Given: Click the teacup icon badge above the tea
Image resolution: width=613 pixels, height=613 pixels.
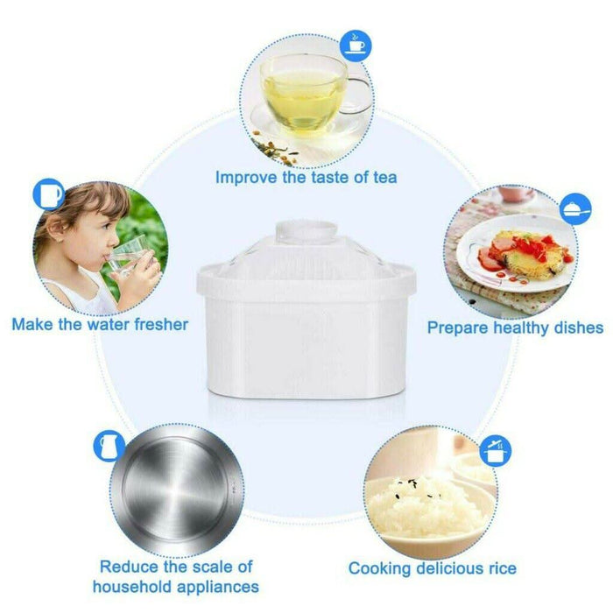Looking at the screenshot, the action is [356, 46].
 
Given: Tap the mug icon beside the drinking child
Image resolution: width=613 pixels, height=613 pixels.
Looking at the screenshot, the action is [49, 194].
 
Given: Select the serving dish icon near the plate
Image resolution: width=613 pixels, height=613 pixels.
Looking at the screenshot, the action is [575, 209].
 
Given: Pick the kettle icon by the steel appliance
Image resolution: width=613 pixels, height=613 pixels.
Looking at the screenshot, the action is [109, 446].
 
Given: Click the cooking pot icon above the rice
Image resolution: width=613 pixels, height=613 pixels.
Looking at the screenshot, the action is [495, 451].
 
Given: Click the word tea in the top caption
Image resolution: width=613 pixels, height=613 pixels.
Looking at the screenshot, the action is [385, 178].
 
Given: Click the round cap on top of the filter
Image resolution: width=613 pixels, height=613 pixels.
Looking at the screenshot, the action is [306, 231].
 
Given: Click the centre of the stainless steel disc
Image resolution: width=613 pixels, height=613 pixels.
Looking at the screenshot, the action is [177, 490].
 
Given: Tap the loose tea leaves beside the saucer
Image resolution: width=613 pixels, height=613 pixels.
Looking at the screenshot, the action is [273, 150].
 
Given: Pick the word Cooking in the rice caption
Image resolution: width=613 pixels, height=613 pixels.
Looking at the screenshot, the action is [379, 569].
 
